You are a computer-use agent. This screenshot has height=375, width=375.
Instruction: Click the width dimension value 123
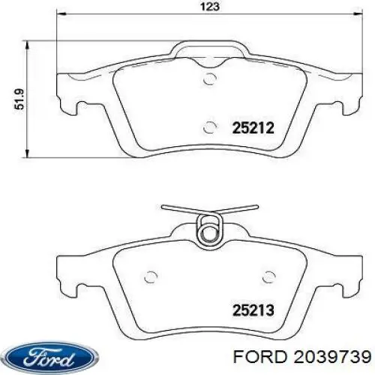click(x=210, y=7)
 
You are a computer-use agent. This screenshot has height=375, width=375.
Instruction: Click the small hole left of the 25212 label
click(x=211, y=126)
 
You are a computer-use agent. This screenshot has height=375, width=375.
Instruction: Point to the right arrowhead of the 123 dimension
click(x=358, y=16)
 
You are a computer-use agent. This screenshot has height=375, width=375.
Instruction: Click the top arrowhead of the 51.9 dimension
click(x=28, y=39)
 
